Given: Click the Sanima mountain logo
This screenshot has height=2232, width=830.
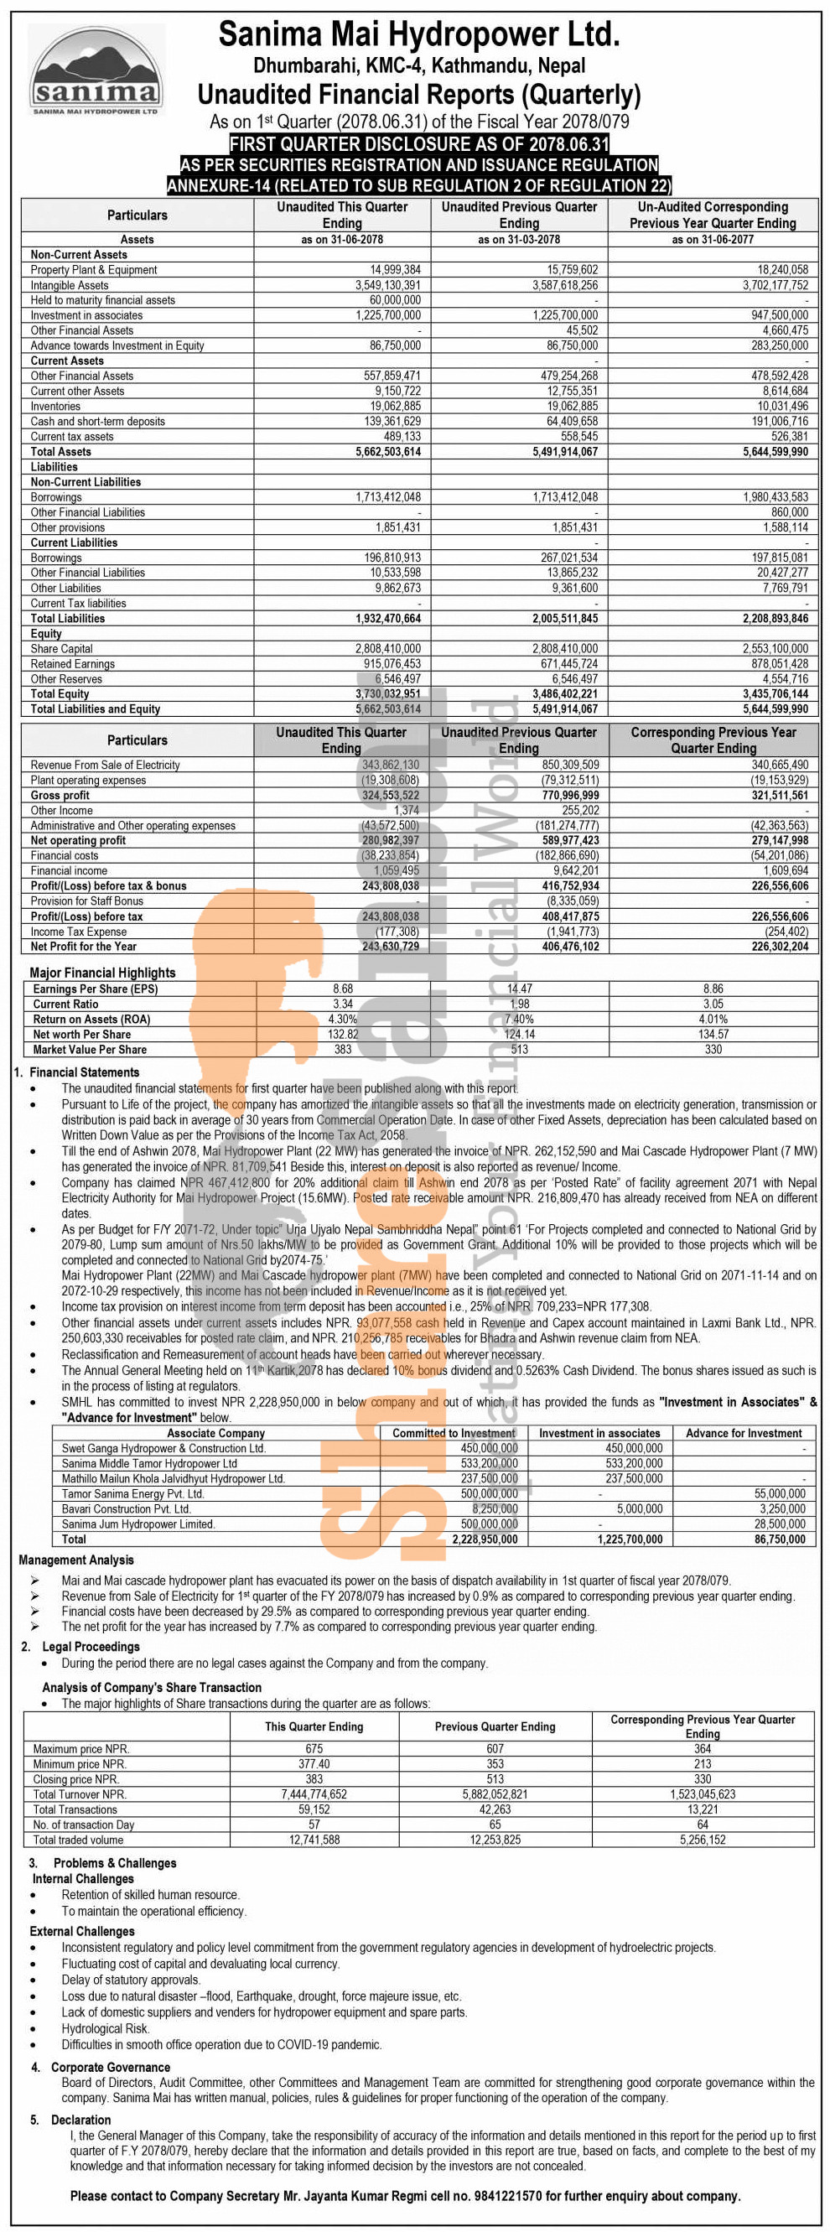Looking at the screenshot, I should [96, 70].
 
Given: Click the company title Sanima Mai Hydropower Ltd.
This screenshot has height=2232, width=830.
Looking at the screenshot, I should [418, 34].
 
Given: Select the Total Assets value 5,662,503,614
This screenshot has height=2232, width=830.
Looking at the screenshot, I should [387, 451].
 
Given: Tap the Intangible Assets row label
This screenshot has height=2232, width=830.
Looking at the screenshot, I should [70, 285].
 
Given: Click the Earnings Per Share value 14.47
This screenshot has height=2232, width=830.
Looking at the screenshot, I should [520, 989].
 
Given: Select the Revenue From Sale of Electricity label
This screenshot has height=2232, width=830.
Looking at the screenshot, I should [105, 765].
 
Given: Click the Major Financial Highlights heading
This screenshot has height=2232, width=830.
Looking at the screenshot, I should [102, 972].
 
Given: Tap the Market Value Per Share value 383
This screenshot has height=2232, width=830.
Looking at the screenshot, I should [343, 1049].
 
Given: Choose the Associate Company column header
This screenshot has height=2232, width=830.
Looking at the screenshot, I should [215, 1433].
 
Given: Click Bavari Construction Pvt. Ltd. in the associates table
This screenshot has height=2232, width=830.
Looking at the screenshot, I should [126, 1508].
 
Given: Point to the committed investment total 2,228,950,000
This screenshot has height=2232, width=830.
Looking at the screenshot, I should [485, 1539].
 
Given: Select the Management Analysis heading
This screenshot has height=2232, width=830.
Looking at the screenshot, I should [76, 1560].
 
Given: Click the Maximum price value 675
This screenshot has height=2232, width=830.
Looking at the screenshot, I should [314, 1748].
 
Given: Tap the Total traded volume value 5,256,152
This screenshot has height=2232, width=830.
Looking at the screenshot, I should [703, 1840].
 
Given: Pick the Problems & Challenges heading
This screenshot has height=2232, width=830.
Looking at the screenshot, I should [114, 1863].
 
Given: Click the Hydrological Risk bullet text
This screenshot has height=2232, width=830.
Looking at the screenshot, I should [105, 2028].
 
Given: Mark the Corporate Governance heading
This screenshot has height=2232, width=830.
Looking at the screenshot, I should [110, 2068].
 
